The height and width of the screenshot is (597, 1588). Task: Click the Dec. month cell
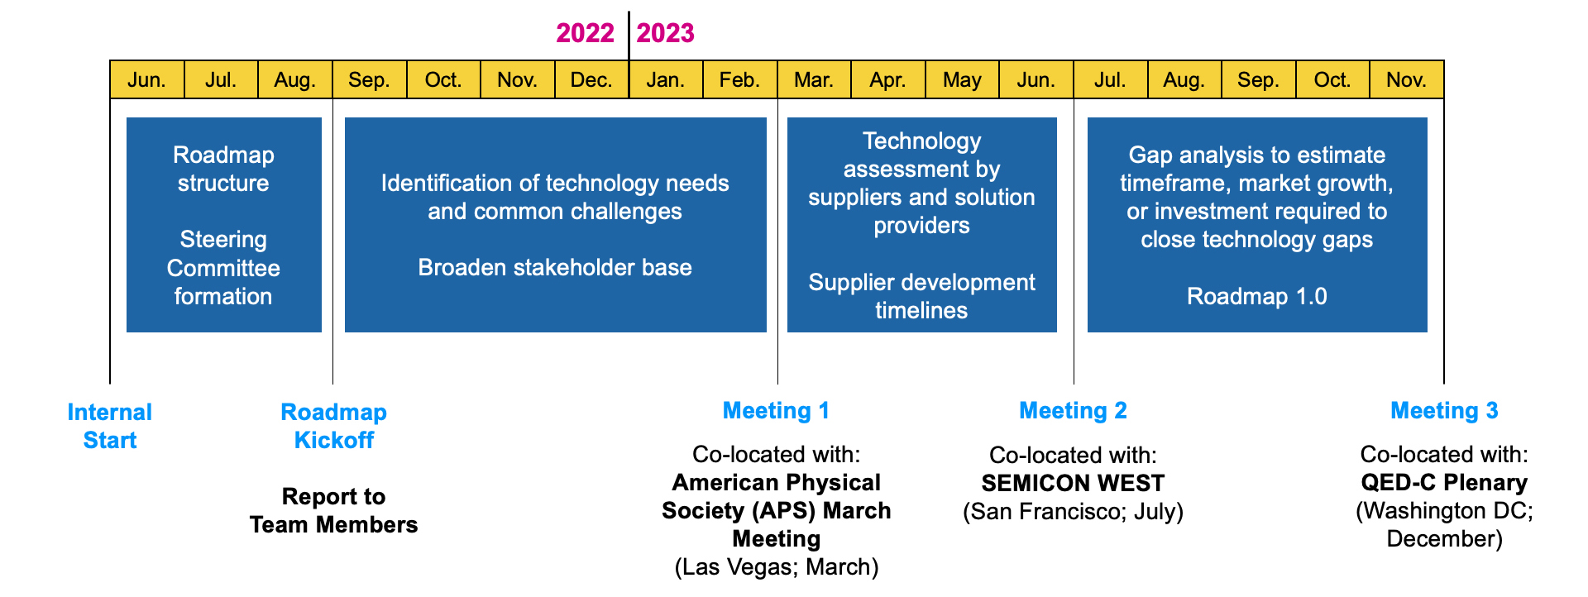(x=591, y=79)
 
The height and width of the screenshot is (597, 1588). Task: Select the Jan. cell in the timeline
(x=666, y=79)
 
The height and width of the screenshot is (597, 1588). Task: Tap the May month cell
(x=962, y=79)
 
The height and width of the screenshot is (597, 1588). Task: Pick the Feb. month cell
(x=739, y=79)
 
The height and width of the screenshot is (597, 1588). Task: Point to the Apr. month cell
(x=888, y=79)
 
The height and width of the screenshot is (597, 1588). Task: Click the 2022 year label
(x=585, y=33)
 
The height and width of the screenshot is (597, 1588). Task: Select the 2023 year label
(x=665, y=33)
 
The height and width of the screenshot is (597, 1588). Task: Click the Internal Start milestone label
(x=110, y=426)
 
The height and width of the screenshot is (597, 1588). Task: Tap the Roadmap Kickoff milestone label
(x=334, y=426)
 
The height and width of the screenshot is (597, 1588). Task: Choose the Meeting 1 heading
(x=776, y=411)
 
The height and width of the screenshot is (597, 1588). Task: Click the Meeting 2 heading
(x=1073, y=411)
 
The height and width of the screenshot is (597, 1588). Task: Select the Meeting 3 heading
(x=1444, y=411)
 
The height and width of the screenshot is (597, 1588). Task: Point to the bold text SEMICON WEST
(x=1073, y=483)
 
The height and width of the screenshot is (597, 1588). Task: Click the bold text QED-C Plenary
(x=1444, y=483)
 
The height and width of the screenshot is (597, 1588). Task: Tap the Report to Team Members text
(x=334, y=510)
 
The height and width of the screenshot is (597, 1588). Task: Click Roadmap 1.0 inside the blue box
(x=1257, y=296)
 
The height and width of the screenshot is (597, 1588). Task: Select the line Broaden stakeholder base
(x=555, y=267)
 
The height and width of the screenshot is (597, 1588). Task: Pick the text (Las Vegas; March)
(x=777, y=567)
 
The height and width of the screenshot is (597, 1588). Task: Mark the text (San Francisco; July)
(x=1073, y=512)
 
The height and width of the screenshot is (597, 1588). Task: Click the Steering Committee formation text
(x=223, y=268)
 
